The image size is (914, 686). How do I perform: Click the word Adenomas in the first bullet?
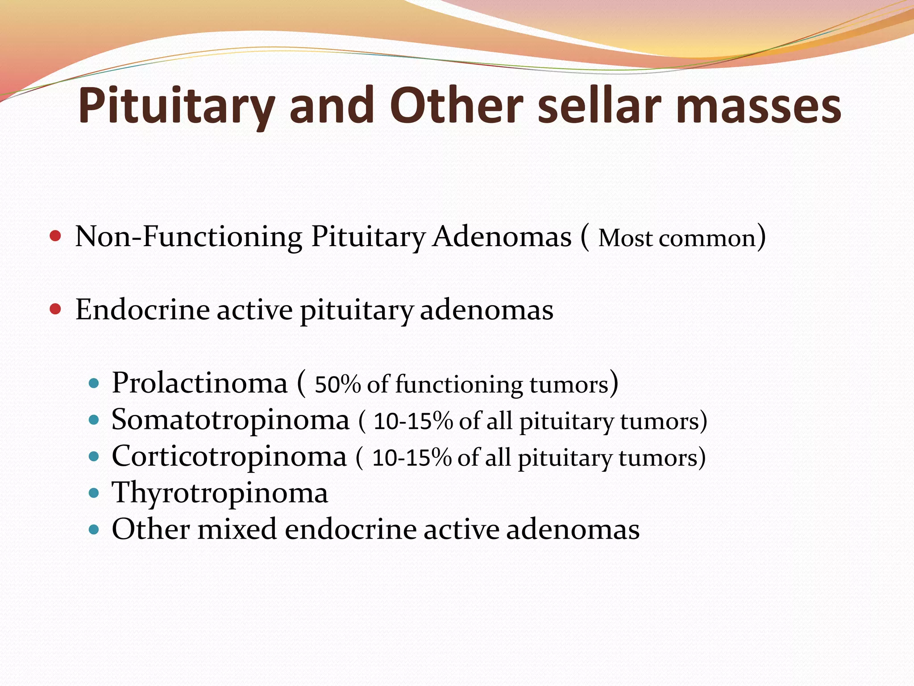click(502, 237)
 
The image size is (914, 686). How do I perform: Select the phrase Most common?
click(677, 238)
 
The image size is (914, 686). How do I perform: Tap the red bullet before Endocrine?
click(55, 309)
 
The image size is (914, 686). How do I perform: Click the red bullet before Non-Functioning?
click(55, 236)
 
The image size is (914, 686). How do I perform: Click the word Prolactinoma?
click(199, 383)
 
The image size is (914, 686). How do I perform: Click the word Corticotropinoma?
click(229, 457)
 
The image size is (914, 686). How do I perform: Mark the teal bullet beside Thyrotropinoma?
click(94, 494)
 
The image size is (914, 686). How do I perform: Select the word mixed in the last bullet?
click(237, 530)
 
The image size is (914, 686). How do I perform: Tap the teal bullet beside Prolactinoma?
click(94, 383)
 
